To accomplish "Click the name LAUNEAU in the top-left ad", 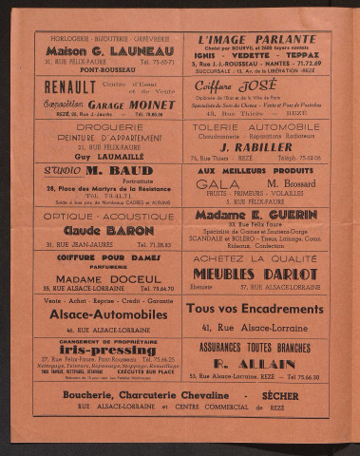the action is point(130,51).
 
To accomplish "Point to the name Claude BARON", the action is point(108,229).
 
